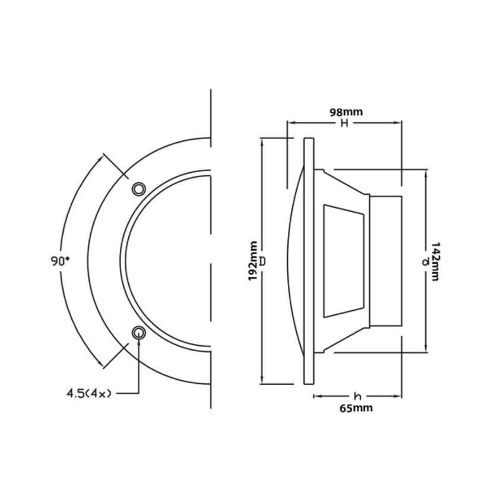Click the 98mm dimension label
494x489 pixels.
(x=346, y=112)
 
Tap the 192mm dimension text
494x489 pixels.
(x=253, y=261)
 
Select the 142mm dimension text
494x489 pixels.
(x=435, y=261)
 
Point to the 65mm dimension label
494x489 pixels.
(x=356, y=408)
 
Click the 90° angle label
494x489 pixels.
(x=60, y=261)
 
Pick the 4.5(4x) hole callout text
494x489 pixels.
(x=89, y=393)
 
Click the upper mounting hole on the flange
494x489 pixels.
(x=138, y=189)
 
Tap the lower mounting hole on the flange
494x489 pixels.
(x=138, y=333)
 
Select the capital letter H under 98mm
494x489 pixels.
(x=344, y=123)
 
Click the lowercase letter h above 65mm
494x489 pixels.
(x=357, y=396)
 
